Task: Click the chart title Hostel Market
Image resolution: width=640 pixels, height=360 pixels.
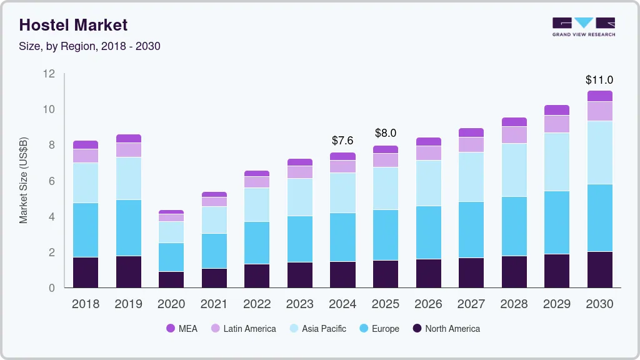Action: [x=73, y=25]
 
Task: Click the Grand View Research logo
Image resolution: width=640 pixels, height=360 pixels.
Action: [x=583, y=26]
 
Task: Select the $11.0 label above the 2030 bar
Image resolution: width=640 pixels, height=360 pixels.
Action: [x=599, y=80]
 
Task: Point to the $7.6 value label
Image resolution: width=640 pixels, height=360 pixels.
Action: [x=342, y=140]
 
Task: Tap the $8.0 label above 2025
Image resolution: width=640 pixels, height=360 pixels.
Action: [x=386, y=133]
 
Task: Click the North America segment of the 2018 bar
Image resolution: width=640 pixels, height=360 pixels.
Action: [x=86, y=272]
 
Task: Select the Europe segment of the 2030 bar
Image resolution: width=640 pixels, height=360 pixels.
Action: [x=599, y=217]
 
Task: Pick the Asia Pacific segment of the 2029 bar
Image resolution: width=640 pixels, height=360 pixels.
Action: [x=556, y=162]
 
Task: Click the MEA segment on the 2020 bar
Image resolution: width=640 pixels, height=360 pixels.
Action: [x=171, y=212]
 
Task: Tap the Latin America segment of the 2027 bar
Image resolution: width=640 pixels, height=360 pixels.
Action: [x=471, y=144]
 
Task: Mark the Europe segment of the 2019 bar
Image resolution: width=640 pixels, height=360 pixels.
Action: [x=129, y=227]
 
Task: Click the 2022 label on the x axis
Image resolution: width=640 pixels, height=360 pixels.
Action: [x=257, y=304]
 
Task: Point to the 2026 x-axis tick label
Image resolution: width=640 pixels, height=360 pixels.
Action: [x=428, y=304]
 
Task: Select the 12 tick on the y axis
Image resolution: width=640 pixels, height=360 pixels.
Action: [x=49, y=74]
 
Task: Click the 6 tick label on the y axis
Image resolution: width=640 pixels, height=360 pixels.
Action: [x=51, y=181]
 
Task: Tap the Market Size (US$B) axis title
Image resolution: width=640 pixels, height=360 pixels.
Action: [x=24, y=181]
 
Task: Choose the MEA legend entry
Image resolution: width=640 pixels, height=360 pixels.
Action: [x=181, y=329]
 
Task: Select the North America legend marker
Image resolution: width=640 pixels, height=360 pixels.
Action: [x=417, y=329]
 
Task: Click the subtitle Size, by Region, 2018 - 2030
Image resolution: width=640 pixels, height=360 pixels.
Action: [x=90, y=46]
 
